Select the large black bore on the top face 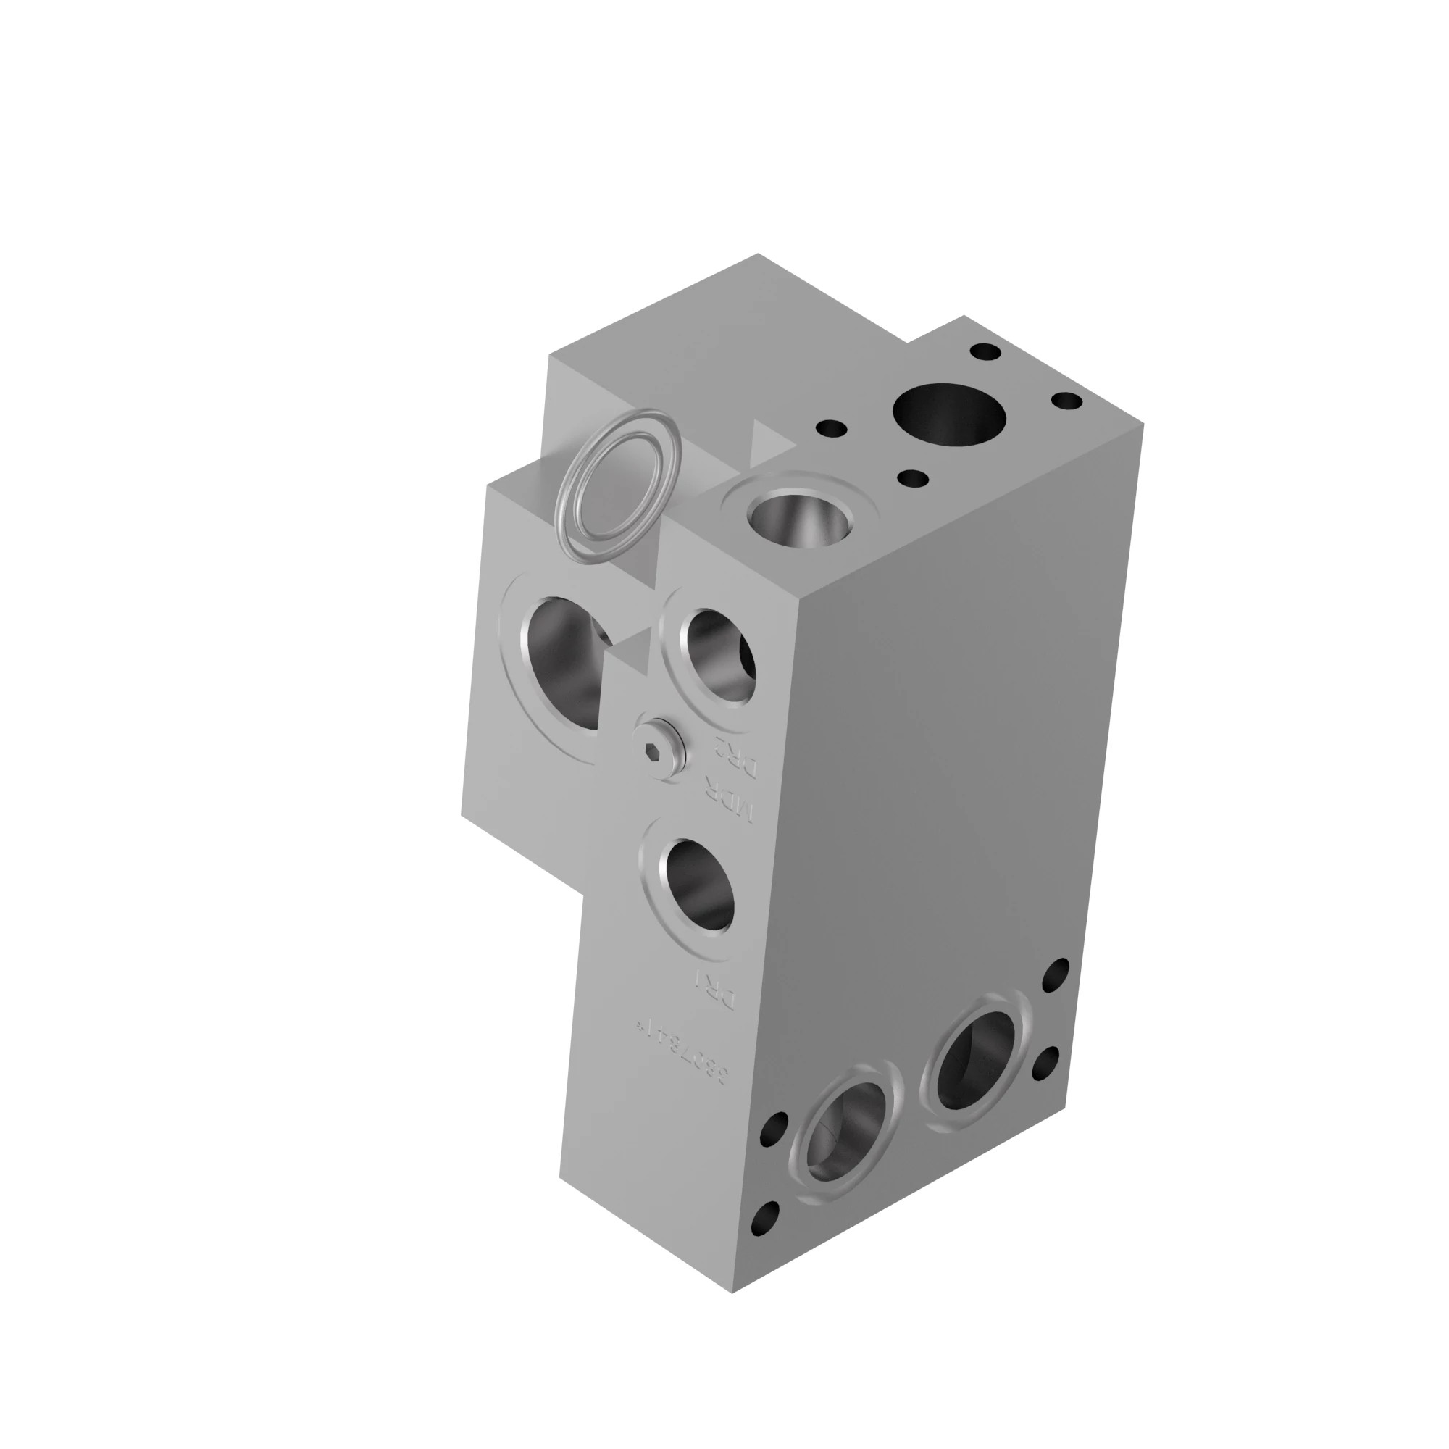point(949,414)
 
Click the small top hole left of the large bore point(831,430)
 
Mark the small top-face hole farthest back point(985,351)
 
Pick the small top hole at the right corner point(1066,402)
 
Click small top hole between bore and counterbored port point(913,478)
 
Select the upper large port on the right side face point(976,1061)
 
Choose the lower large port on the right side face point(845,1132)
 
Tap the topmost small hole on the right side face point(1056,974)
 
